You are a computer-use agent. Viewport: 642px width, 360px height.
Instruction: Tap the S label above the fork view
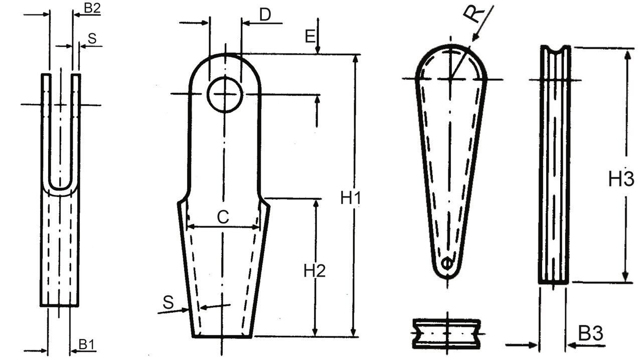(92, 38)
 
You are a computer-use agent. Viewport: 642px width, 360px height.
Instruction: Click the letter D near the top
(265, 15)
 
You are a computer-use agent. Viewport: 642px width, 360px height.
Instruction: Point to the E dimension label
(310, 36)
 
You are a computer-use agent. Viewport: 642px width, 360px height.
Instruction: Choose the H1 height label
(351, 198)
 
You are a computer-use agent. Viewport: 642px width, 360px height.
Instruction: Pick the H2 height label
(315, 271)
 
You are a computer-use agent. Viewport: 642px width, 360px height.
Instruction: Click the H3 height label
(621, 179)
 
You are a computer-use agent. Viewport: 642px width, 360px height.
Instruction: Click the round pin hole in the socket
(225, 94)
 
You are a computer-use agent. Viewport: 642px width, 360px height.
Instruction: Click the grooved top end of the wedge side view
(555, 50)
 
